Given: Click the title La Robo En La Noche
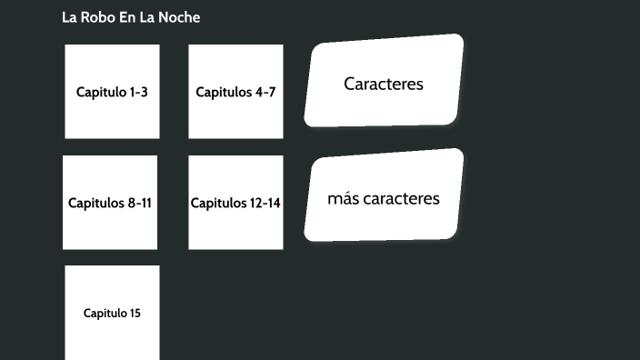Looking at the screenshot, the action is (x=131, y=17).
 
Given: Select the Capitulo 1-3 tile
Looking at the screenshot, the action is (x=112, y=92).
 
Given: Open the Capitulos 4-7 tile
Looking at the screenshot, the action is (x=235, y=92).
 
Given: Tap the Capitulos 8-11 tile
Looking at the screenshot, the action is (x=110, y=203).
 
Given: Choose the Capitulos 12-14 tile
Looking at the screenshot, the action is (x=235, y=203).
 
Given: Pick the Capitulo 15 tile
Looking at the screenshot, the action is (x=112, y=313).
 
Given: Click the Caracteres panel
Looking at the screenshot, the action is (x=384, y=84).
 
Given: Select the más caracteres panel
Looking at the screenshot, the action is (x=384, y=198).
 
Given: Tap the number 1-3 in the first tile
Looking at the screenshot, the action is (x=138, y=92).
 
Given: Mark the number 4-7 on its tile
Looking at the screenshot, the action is (x=265, y=92).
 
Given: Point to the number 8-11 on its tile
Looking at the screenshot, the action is (x=140, y=203).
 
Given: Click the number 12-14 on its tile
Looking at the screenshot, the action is (x=265, y=203).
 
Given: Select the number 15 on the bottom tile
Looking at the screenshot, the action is (x=135, y=314).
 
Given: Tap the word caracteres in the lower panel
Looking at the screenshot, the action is (x=401, y=198).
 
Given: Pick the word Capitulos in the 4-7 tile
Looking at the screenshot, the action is (x=224, y=92).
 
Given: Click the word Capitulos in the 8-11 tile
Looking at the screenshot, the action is (x=96, y=203).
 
